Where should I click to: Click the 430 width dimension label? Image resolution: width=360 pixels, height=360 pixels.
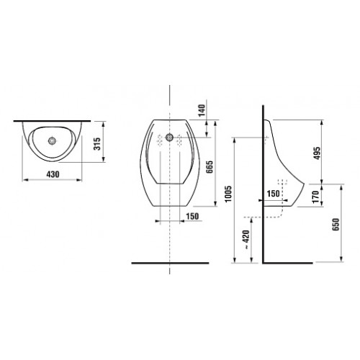53,174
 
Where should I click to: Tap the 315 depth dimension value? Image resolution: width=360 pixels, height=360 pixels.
97,144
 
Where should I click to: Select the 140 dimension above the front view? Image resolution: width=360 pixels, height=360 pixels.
202,110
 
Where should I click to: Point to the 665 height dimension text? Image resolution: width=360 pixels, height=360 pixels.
210,167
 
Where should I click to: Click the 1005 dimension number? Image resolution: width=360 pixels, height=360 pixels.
228,194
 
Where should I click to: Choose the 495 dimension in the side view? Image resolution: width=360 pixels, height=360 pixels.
317,153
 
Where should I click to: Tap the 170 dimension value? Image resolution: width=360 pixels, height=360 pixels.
316,197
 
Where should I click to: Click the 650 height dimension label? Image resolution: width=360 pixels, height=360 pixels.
336,225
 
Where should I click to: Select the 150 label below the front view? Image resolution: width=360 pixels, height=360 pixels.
193,217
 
